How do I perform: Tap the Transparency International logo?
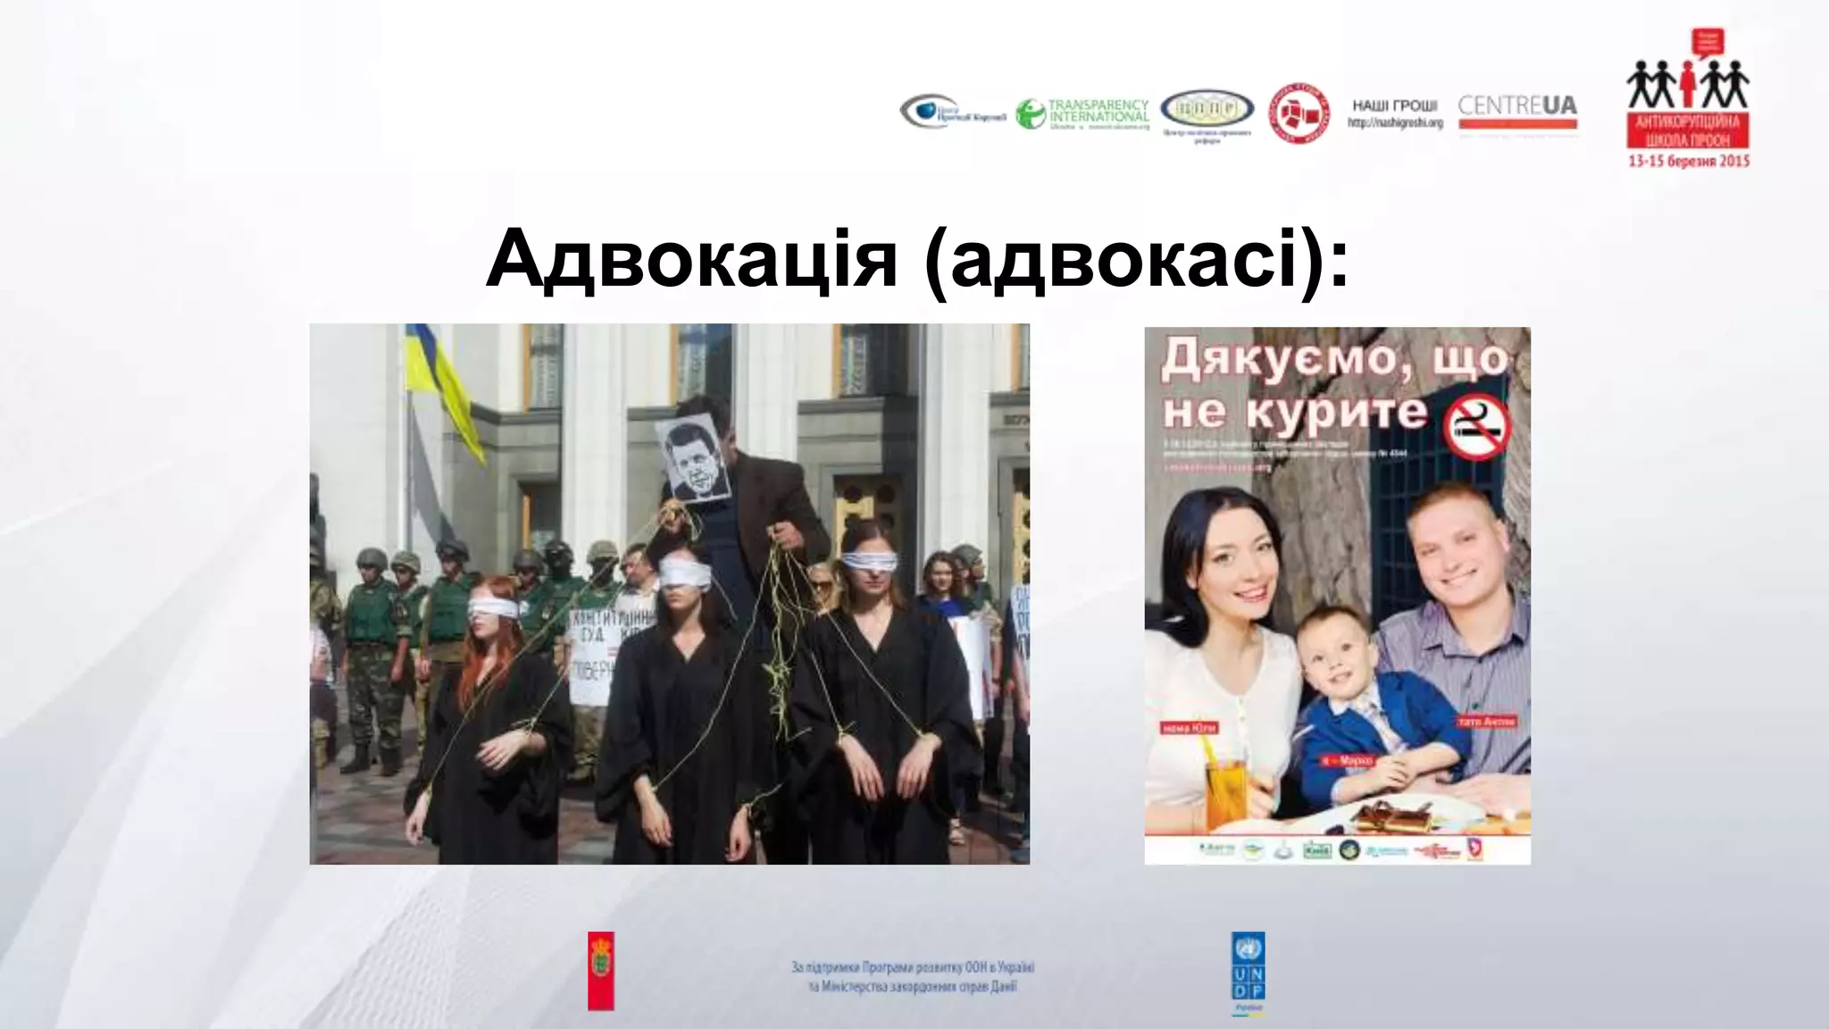1082,114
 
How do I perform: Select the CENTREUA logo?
1517,108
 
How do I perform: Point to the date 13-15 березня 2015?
1688,162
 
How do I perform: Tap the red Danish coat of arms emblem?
601,971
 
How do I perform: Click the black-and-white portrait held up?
693,459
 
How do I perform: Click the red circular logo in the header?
1299,114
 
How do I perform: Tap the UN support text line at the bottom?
912,968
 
